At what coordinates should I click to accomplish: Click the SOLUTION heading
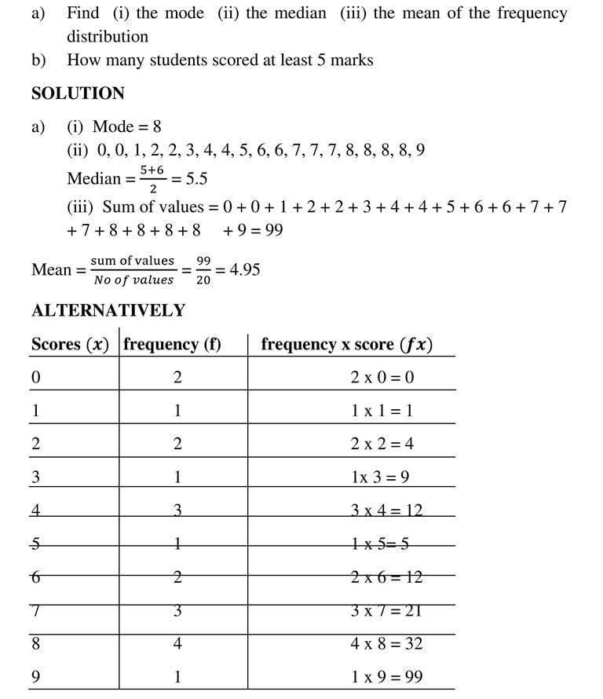78,93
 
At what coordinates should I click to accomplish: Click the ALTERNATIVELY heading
108,310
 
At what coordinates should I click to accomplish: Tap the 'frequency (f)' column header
173,344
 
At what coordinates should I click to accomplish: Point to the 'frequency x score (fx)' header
346,344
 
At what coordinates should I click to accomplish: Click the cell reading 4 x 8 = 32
386,644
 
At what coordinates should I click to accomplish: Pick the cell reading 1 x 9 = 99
386,677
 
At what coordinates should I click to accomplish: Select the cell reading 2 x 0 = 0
382,377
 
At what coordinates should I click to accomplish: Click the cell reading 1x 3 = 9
381,477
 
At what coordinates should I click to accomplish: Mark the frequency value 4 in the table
177,644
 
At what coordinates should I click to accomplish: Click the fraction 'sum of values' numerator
132,261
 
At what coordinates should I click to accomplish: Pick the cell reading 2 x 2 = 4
382,444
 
